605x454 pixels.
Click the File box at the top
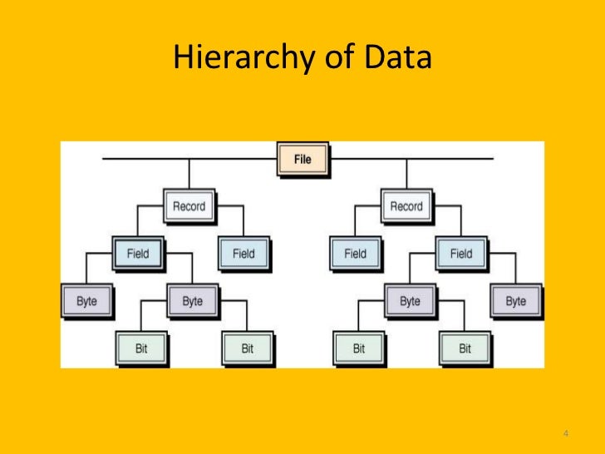click(302, 159)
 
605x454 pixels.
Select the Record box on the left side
click(189, 206)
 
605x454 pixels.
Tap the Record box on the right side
click(406, 206)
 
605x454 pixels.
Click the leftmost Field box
click(138, 253)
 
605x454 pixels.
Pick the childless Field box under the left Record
click(243, 253)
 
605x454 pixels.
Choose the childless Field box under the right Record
click(355, 253)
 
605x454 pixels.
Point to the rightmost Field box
click(461, 253)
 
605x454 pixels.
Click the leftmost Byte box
click(86, 301)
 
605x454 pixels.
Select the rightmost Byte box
click(515, 301)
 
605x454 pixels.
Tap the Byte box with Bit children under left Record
click(192, 301)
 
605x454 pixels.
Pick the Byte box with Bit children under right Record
click(410, 301)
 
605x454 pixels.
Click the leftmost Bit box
click(141, 348)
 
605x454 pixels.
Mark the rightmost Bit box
click(464, 348)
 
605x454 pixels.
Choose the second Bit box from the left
click(247, 348)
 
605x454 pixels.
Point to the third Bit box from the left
click(358, 348)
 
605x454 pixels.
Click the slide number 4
click(565, 433)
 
